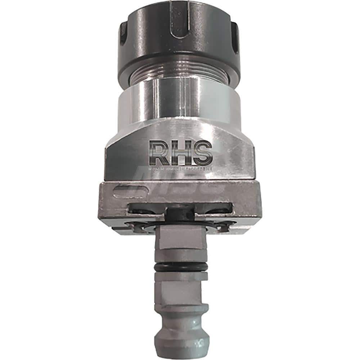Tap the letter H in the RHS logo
180,153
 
